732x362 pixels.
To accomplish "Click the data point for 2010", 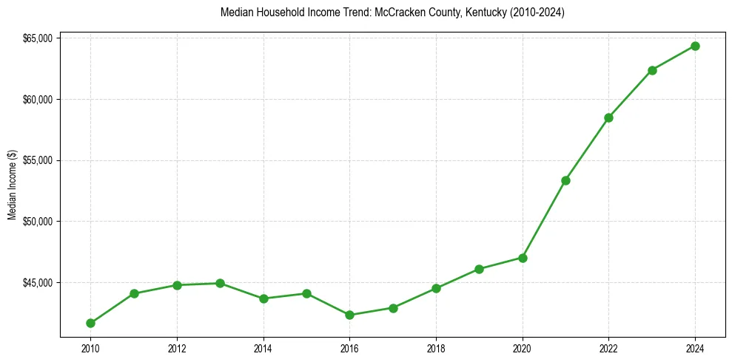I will point(90,323).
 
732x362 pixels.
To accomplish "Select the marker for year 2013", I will point(220,283).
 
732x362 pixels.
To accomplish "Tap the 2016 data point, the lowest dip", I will point(349,315).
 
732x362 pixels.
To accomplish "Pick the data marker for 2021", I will point(565,180).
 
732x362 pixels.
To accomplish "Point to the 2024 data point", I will point(695,46).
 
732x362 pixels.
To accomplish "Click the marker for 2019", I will point(479,269).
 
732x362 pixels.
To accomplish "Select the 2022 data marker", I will point(608,117).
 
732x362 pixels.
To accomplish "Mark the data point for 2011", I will point(134,293).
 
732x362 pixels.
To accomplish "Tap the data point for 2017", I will point(393,308).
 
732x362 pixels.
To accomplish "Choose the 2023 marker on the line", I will point(652,70).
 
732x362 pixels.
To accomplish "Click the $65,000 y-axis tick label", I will point(37,38).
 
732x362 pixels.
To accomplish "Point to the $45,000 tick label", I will point(37,283).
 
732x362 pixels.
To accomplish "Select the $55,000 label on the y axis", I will point(37,160).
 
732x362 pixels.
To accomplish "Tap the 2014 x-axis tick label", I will point(263,348).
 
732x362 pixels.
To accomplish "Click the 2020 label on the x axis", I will point(523,348).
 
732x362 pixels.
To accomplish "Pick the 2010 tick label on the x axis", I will point(90,348).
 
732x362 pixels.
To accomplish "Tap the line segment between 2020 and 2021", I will point(544,219).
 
